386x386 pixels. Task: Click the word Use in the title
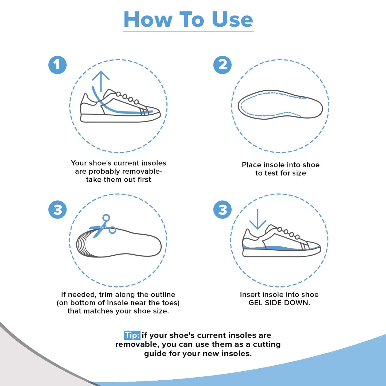tap(232, 20)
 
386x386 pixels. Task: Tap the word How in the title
tap(148, 20)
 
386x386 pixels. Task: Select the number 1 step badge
tap(57, 65)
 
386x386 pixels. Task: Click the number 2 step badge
tap(222, 65)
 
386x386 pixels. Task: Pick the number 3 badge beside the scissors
tap(57, 210)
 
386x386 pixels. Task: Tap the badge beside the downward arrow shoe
tap(222, 210)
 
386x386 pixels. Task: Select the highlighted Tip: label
tap(132, 335)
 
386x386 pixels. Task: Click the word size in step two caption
tap(299, 173)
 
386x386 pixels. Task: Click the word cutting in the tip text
tap(267, 344)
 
